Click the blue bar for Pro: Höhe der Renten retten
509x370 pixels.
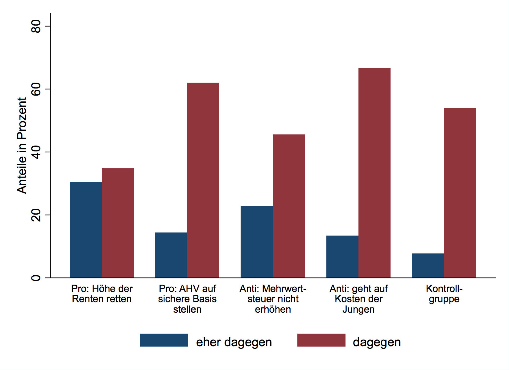pyautogui.click(x=86, y=230)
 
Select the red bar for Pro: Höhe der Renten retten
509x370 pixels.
pyautogui.click(x=118, y=223)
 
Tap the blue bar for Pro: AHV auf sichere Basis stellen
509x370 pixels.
pyautogui.click(x=171, y=255)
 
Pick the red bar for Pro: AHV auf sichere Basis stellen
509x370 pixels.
pyautogui.click(x=203, y=180)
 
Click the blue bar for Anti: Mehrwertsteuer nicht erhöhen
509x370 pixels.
pyautogui.click(x=257, y=242)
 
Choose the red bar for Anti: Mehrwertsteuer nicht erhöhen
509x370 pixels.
pyautogui.click(x=289, y=206)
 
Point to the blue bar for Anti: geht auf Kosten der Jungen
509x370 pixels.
pyautogui.click(x=342, y=257)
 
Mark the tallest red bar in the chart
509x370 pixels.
pyautogui.click(x=375, y=173)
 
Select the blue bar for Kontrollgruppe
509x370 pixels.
pyautogui.click(x=428, y=265)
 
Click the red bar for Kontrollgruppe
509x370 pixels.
pyautogui.click(x=460, y=193)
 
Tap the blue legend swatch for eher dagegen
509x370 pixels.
pyautogui.click(x=164, y=340)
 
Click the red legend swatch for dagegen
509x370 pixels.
pyautogui.click(x=321, y=340)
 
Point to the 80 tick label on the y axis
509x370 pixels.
pyautogui.click(x=36, y=26)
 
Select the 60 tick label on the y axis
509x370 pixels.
pyautogui.click(x=36, y=89)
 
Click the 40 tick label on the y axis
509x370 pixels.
pyautogui.click(x=36, y=152)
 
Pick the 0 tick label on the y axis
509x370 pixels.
pyautogui.click(x=36, y=278)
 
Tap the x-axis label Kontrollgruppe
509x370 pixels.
pyautogui.click(x=444, y=294)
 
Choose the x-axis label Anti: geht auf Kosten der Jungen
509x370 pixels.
pyautogui.click(x=358, y=299)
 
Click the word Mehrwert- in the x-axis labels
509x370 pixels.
pyautogui.click(x=284, y=289)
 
